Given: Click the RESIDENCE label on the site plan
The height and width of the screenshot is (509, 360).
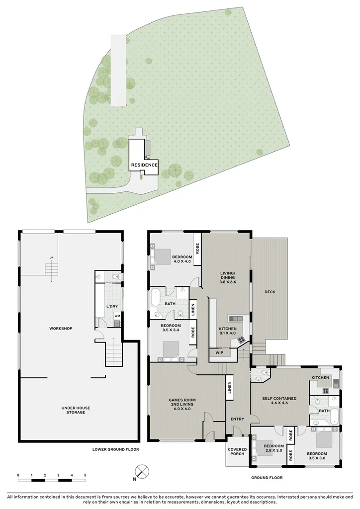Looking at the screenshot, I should click(144, 165).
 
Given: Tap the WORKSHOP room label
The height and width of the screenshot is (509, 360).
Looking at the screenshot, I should click(61, 329).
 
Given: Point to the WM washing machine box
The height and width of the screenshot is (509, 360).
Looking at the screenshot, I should click(117, 316).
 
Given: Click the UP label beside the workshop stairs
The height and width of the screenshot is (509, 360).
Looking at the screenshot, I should click(51, 257).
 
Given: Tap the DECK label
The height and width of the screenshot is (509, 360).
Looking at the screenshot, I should click(270, 292).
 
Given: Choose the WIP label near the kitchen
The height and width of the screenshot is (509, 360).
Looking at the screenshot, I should click(219, 352).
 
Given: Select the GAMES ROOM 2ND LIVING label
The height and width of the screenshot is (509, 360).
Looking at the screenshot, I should click(182, 405).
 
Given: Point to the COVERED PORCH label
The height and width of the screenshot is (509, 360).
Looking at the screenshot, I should click(237, 451).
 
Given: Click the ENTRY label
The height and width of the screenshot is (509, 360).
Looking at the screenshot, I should click(237, 419).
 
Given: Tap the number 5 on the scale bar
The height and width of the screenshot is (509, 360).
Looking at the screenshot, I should click(85, 476).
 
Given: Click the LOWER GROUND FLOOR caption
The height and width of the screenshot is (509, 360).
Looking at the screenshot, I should click(116, 449).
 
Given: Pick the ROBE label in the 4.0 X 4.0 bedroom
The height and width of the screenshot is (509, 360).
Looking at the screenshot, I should click(197, 248).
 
